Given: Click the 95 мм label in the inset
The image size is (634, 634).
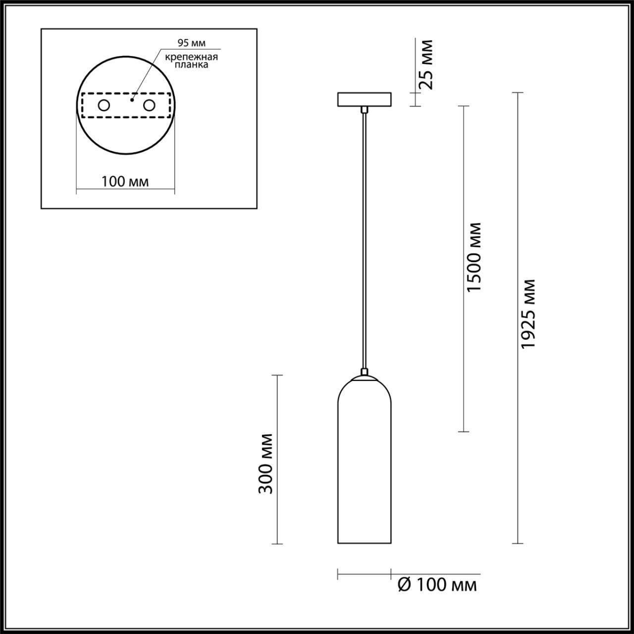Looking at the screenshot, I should [188, 43].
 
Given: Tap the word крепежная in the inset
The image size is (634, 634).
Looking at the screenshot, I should [192, 56].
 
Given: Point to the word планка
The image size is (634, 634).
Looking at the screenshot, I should [192, 65].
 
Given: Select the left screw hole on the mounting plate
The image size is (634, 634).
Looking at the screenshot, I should [104, 106].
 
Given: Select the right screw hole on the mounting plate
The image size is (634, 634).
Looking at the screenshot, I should [149, 106].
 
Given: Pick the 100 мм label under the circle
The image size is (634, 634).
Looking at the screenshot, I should [125, 181].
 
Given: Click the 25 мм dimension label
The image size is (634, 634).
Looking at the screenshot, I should [425, 64].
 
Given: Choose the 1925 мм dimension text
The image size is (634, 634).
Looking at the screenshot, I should [529, 313].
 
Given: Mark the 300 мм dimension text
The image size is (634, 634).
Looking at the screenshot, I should [266, 463].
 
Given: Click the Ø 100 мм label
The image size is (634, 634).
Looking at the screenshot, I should [437, 585].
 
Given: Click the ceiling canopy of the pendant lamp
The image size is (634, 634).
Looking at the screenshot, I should [364, 99].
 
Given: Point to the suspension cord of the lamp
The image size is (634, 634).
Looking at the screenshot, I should [364, 238].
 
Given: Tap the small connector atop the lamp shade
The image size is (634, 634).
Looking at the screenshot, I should [364, 371].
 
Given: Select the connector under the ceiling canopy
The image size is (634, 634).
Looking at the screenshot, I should [364, 109].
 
